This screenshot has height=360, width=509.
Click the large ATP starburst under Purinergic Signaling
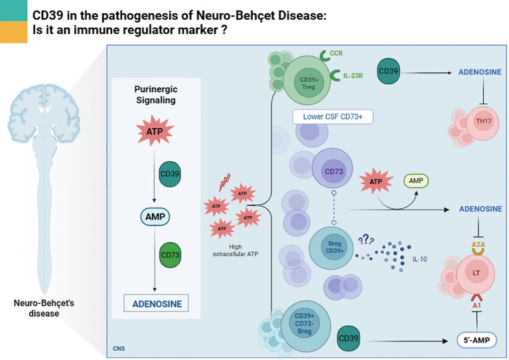pyautogui.click(x=155, y=131)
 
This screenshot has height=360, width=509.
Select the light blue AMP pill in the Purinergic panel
pyautogui.click(x=155, y=217)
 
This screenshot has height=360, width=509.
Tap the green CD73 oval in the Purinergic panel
pyautogui.click(x=170, y=255)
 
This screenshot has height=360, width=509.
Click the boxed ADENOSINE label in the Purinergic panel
pyautogui.click(x=156, y=303)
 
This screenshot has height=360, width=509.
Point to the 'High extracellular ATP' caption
pyautogui.click(x=236, y=251)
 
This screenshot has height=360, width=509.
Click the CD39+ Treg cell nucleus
pyautogui.click(x=309, y=83)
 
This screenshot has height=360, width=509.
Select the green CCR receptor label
pyautogui.click(x=336, y=53)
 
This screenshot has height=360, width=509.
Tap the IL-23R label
pyautogui.click(x=353, y=76)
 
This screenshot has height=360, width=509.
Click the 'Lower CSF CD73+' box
pyautogui.click(x=332, y=117)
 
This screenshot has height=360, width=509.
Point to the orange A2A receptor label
pyautogui.click(x=478, y=244)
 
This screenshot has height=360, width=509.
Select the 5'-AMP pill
pyautogui.click(x=476, y=340)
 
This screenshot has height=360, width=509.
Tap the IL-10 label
pyautogui.click(x=419, y=259)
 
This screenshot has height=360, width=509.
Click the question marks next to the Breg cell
pyautogui.click(x=366, y=239)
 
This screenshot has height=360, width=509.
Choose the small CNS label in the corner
pyautogui.click(x=119, y=348)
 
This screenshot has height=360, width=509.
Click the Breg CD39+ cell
pyautogui.click(x=330, y=248)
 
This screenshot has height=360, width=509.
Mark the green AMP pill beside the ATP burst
pyautogui.click(x=416, y=180)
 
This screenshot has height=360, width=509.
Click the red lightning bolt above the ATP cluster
pyautogui.click(x=225, y=182)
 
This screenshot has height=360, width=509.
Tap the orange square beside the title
pyautogui.click(x=14, y=32)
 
